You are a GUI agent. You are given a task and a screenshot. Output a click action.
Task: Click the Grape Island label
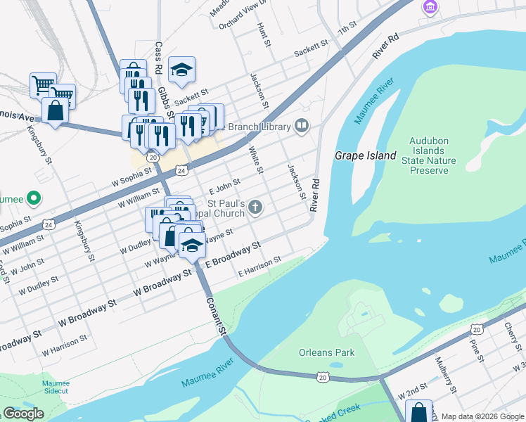coord(365,155)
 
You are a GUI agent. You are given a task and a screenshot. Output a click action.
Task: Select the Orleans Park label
coord(326,352)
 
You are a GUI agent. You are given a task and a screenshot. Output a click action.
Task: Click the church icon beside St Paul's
coord(255,207)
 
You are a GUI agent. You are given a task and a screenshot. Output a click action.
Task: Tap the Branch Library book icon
coord(302,126)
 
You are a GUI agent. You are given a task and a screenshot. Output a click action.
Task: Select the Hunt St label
coord(264,36)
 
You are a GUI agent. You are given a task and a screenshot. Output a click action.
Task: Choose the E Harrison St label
coord(259,265)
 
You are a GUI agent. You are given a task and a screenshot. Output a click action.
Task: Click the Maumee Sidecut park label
coord(55,386)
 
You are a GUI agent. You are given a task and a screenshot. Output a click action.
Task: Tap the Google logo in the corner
coord(23,413)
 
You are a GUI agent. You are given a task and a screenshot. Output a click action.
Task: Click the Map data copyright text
coord(482,416)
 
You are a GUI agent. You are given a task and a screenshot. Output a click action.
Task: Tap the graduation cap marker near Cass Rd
coord(181,70)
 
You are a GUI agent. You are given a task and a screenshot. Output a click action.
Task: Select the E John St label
coord(225,187)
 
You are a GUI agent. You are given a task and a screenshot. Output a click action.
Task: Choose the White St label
coord(256,160)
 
